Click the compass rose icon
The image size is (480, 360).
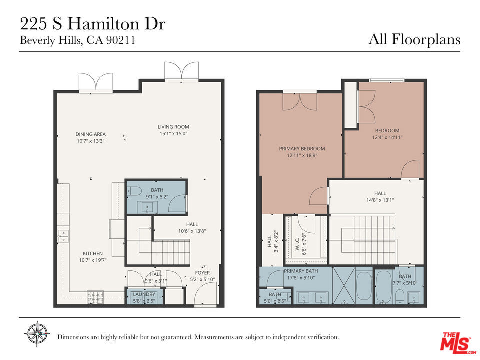pos(37,334)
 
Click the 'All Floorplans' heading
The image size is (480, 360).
pos(414,40)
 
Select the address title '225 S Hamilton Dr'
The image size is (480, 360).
pos(93,24)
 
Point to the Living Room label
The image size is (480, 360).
pos(173,126)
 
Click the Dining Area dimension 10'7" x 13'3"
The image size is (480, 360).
pos(91,141)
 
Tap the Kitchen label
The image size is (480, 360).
pos(93,253)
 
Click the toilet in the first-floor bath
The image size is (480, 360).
pos(134,191)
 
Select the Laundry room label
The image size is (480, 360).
pos(144,294)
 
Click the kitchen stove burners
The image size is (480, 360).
pos(95,297)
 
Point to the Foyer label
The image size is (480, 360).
pos(202,273)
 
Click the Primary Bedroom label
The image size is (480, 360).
pos(302,149)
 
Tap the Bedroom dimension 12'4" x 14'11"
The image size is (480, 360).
pos(387,137)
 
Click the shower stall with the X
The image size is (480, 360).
pos(344,285)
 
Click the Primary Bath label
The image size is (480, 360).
pos(301,271)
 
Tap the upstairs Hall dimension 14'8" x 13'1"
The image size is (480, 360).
pos(380,200)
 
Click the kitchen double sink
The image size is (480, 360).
pos(63,236)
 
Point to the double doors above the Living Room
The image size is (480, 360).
pos(181,71)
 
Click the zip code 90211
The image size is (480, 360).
pos(120,40)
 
